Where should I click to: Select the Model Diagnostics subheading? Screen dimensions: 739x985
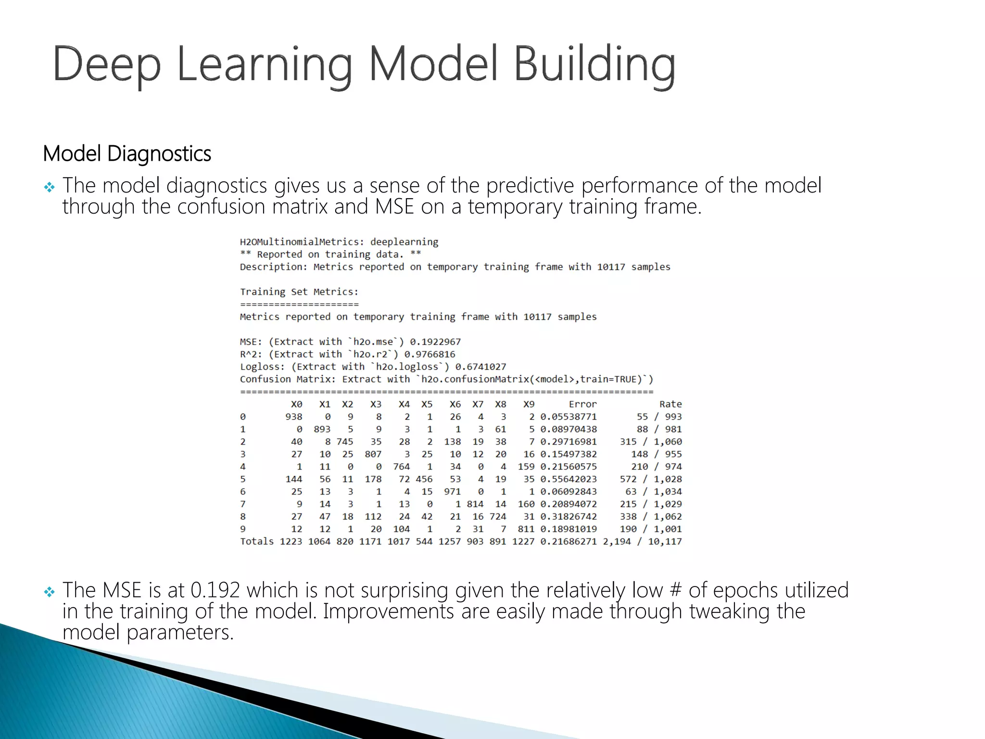(127, 154)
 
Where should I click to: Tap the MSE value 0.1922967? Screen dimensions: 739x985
(435, 342)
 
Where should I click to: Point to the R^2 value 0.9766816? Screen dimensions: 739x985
(429, 355)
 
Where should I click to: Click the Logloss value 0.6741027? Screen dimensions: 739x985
(480, 367)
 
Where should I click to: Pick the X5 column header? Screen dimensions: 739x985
(427, 405)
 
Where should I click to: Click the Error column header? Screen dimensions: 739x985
(582, 405)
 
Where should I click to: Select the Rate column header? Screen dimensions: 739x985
(670, 405)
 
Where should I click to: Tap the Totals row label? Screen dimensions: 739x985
(257, 542)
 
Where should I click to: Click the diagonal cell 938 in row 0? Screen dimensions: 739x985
(294, 417)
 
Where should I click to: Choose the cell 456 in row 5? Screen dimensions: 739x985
(424, 480)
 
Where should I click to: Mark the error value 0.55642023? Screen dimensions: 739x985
(568, 480)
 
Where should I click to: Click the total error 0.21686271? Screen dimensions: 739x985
(568, 542)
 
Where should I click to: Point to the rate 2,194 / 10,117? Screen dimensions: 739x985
(642, 542)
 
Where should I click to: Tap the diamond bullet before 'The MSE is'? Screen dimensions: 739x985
(49, 592)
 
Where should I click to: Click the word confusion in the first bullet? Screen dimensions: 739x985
(221, 207)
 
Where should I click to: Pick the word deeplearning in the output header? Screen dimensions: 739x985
(404, 242)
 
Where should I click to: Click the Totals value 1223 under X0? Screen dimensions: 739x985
(291, 542)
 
